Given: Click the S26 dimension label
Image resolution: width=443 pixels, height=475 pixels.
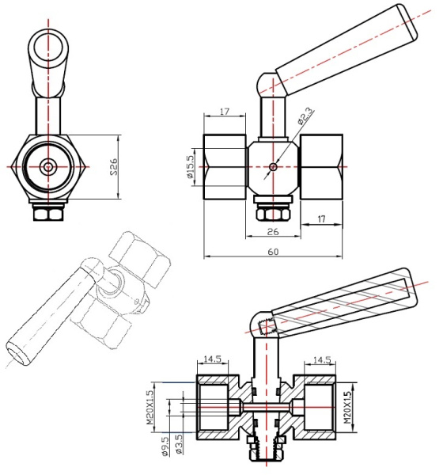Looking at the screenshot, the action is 114,166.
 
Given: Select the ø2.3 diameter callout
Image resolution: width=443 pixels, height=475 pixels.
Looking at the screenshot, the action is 305,116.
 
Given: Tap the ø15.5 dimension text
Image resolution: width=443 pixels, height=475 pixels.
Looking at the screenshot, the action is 190,166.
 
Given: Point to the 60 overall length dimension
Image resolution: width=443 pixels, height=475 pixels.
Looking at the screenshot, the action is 273,252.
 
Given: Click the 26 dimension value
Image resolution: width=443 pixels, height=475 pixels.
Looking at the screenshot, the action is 273,232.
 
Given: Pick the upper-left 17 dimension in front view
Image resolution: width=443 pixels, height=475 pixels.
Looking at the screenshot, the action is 225,112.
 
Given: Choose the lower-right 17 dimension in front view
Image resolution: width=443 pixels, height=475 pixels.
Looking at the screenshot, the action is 321,218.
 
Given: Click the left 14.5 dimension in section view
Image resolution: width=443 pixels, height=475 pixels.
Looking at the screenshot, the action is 212,359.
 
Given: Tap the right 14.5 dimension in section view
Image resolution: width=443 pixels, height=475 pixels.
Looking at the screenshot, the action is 322,360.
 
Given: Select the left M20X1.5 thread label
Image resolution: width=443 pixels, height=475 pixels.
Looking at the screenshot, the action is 150,408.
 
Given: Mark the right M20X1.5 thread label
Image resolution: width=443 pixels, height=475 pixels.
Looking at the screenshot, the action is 347,408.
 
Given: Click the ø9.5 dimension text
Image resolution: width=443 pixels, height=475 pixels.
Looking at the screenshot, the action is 165,446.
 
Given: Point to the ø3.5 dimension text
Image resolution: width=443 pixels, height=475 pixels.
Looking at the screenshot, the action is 179,444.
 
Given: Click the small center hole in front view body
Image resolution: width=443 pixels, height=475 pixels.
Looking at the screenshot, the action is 273,166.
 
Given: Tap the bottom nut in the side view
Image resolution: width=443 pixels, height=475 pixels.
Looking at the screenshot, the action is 48,214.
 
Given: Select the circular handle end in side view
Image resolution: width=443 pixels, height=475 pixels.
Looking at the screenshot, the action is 48,48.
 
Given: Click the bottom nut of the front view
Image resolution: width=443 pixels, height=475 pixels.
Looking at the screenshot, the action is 273,214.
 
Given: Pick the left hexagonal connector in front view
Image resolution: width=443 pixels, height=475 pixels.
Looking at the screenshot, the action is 225,166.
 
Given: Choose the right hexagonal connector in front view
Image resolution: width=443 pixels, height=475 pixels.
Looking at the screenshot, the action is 321,166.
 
